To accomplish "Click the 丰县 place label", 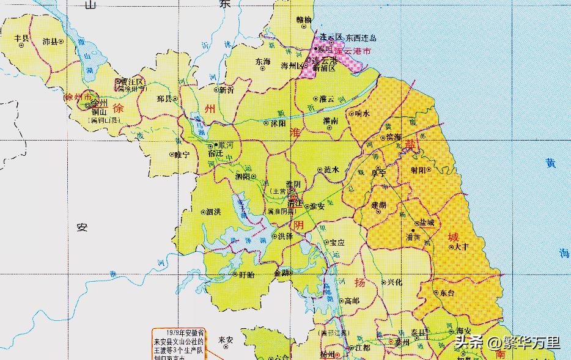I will coord(22,37).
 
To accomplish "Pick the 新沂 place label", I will coord(226,90).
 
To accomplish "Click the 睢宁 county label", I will coord(182,155).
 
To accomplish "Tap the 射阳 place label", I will coord(419,170).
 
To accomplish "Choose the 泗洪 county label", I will coord(213,212).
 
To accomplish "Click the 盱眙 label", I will coord(246,274).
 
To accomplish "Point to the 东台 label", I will coord(447,293).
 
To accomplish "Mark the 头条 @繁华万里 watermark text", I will coord(507,342).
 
